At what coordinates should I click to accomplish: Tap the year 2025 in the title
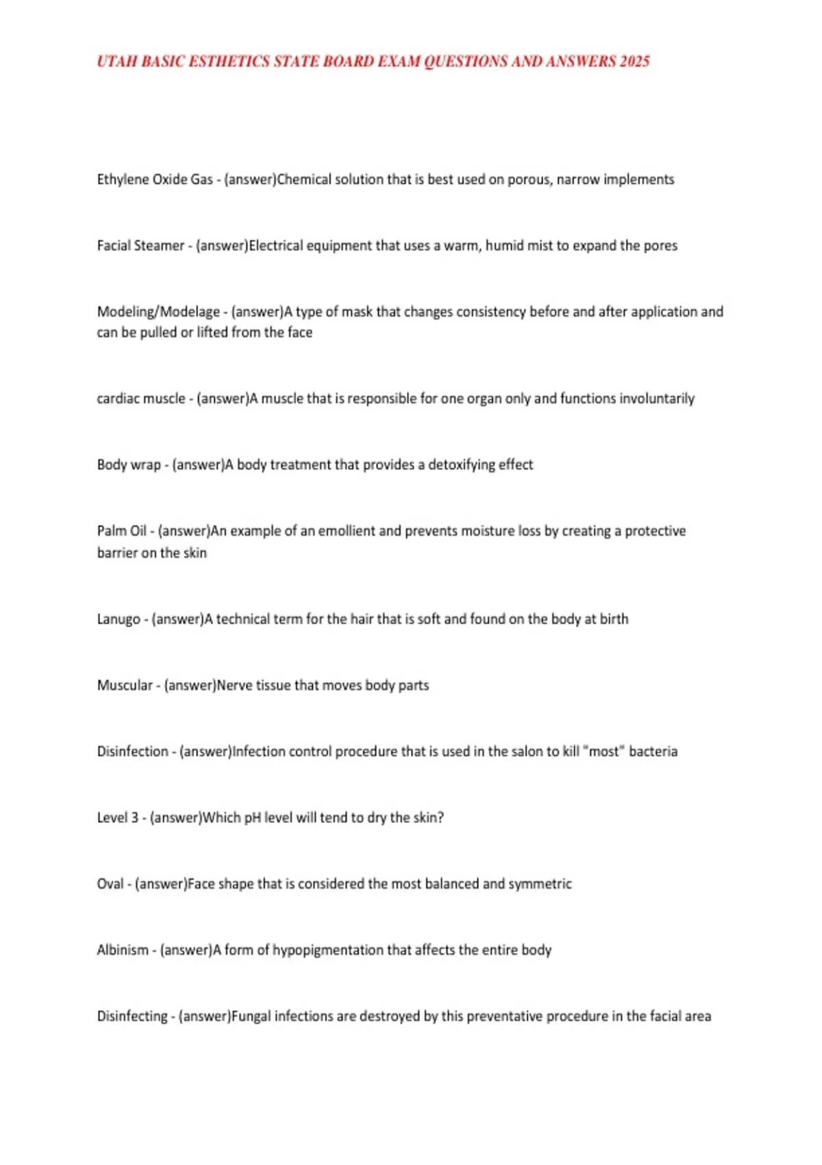(634, 62)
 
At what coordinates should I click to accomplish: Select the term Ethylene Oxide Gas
(155, 180)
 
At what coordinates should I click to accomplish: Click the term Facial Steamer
(140, 245)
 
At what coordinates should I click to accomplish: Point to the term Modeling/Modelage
(158, 312)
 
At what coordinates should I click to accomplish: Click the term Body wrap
(129, 465)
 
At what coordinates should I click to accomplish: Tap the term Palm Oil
(122, 531)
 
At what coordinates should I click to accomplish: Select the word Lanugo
(119, 620)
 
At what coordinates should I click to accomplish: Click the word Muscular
(125, 685)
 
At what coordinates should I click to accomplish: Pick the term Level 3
(118, 818)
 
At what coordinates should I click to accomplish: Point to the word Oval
(110, 884)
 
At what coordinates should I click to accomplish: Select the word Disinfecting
(132, 1016)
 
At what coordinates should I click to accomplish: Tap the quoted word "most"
(603, 752)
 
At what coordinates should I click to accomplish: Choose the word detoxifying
(462, 465)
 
